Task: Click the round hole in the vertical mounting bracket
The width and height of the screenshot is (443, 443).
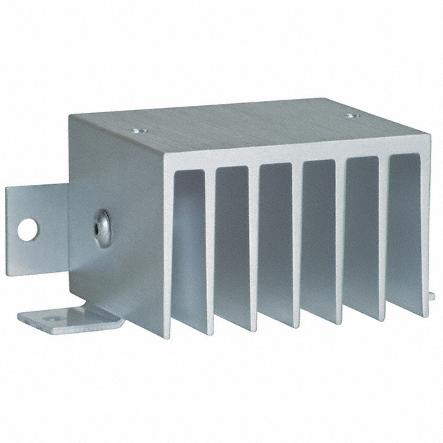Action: click(x=27, y=229)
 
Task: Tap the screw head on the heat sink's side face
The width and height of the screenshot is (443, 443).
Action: click(x=101, y=224)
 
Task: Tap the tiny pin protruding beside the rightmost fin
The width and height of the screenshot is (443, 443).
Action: click(x=431, y=296)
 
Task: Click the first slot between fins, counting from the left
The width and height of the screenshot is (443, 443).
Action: click(x=190, y=242)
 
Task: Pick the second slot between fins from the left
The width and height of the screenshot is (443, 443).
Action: click(x=233, y=242)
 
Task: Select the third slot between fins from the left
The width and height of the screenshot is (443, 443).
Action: click(x=276, y=239)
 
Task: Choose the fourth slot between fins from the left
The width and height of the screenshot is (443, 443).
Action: click(x=318, y=235)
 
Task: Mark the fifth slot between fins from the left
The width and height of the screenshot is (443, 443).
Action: click(x=361, y=232)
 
